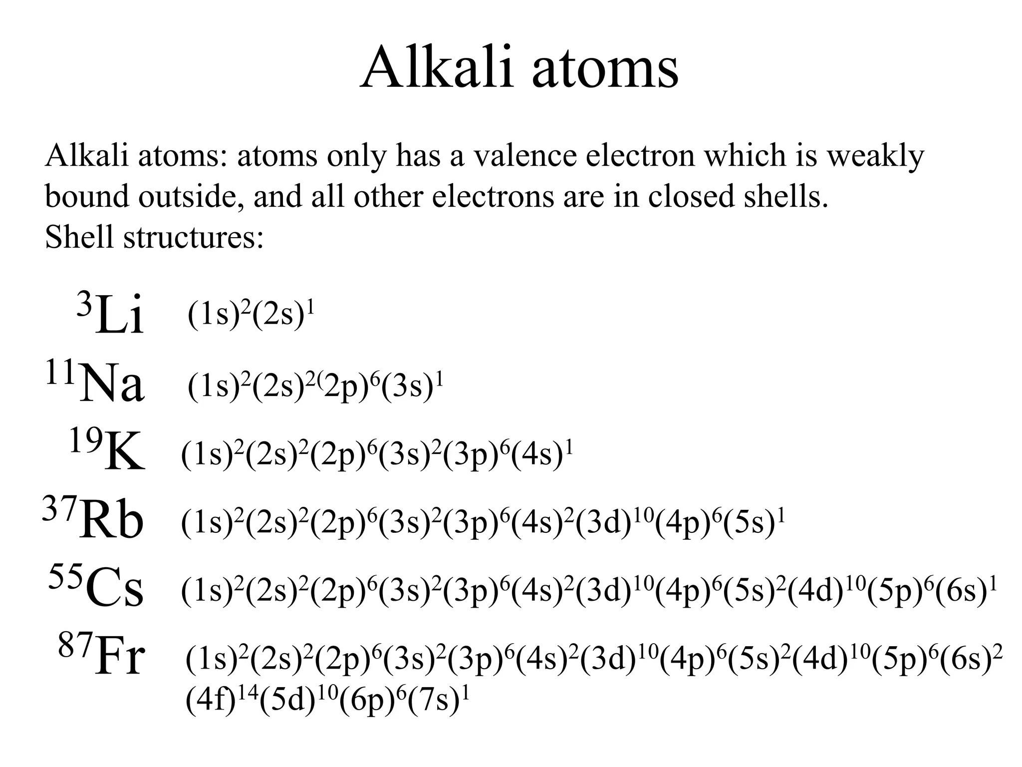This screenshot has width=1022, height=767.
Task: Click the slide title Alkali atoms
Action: point(518,67)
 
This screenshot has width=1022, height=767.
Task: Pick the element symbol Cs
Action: point(115,590)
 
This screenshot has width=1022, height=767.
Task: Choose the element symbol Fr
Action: point(120,659)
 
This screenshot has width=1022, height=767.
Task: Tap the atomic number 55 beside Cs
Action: point(65,577)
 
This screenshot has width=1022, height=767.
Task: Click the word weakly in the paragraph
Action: point(875,156)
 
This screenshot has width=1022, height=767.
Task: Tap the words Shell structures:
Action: point(154,237)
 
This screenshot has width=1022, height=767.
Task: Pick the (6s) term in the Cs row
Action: point(960,591)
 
